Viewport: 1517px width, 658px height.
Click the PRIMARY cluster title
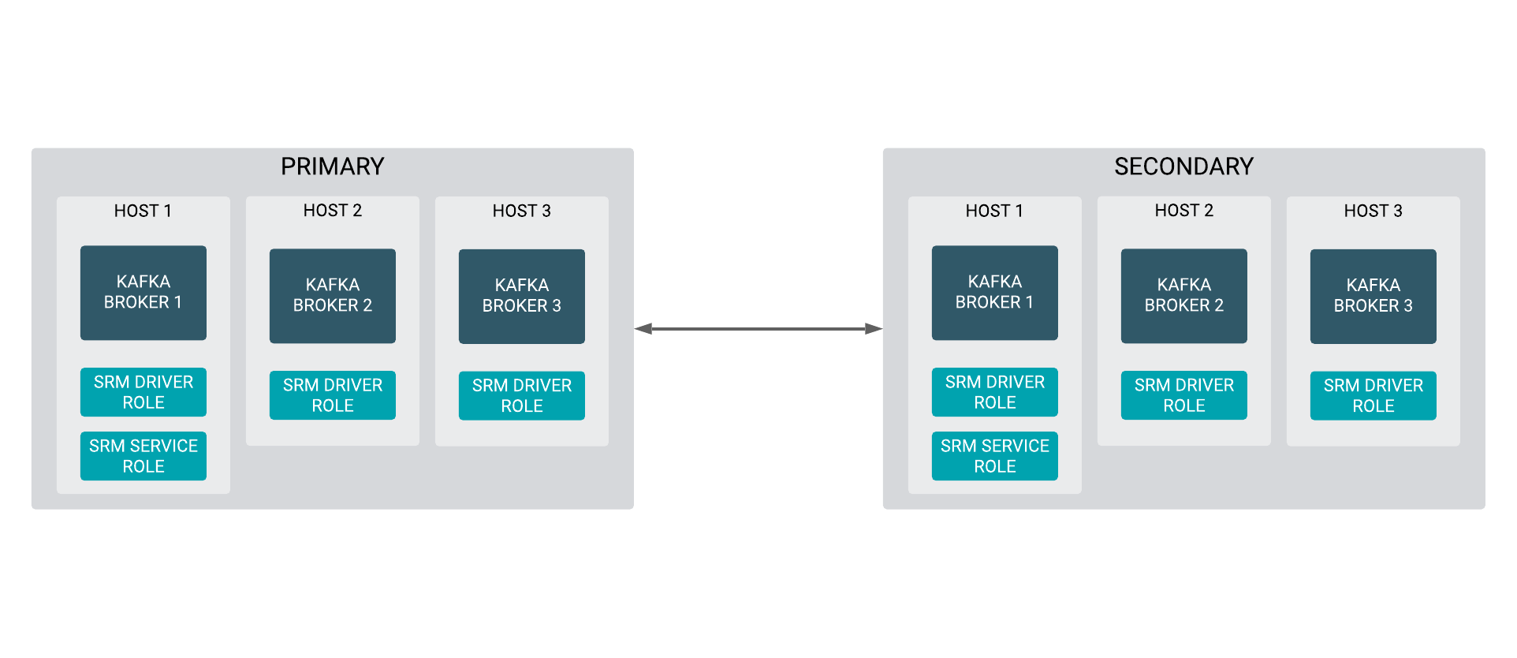[x=332, y=166]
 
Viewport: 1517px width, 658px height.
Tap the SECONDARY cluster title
[x=1183, y=166]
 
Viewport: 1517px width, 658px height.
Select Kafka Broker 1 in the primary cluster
[x=143, y=293]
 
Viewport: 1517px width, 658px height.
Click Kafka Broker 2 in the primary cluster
[x=333, y=296]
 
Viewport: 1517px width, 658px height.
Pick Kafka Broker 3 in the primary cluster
[x=522, y=296]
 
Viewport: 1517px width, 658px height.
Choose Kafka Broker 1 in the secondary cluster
[x=995, y=293]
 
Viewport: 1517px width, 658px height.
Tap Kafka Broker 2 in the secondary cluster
[x=1184, y=296]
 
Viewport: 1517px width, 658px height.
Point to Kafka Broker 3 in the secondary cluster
[x=1373, y=296]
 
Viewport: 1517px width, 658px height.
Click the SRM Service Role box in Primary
[x=143, y=456]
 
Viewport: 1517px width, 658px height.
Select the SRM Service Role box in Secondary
[x=995, y=456]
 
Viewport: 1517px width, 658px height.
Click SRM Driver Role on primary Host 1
[x=143, y=392]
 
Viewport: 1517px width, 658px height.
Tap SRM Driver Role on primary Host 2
[x=333, y=395]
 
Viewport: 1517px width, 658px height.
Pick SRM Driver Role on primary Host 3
[x=522, y=395]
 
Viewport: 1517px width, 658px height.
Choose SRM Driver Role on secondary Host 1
[x=995, y=392]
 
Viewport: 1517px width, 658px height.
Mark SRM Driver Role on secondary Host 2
[x=1184, y=395]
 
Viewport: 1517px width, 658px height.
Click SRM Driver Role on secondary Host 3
[x=1373, y=395]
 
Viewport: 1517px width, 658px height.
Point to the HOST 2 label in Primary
[x=333, y=211]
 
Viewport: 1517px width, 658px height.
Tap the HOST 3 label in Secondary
[x=1373, y=211]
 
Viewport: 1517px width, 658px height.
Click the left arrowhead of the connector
[x=643, y=329]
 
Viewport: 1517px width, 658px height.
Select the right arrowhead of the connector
[x=874, y=329]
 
